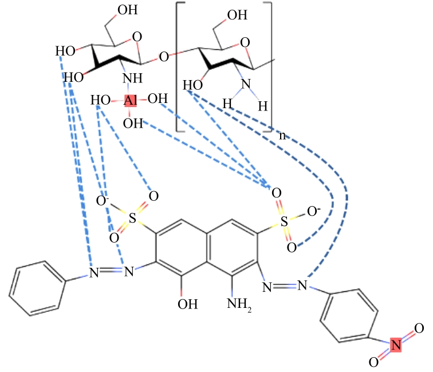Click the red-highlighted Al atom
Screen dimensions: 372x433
pos(130,101)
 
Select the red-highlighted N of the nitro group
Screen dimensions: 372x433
pos(393,344)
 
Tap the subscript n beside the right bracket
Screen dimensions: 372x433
pos(281,136)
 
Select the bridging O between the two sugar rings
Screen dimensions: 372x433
pos(164,57)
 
